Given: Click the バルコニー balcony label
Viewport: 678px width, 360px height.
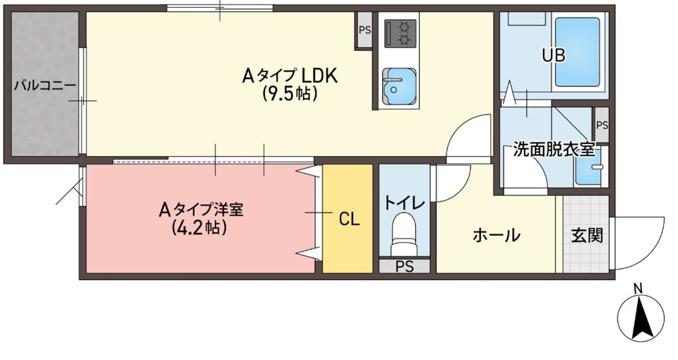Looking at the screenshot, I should click(44, 85).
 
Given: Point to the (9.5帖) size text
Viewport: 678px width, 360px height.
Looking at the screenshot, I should click(289, 93).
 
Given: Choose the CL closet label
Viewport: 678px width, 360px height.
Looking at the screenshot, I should click(349, 220).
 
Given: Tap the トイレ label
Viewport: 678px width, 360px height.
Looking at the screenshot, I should click(404, 203).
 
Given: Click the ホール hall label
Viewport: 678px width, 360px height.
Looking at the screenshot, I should click(496, 235).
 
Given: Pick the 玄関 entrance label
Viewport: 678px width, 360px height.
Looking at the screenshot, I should click(586, 235).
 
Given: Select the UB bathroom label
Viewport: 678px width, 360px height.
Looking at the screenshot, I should click(553, 56).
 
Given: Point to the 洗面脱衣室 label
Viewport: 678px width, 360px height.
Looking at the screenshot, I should click(554, 150).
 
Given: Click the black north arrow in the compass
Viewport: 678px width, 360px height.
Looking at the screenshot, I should click(641, 318).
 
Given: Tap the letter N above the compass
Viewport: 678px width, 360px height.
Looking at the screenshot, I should click(638, 288).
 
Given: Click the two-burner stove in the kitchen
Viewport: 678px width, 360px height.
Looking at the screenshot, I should click(399, 32).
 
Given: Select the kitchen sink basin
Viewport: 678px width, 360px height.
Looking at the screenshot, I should click(399, 86).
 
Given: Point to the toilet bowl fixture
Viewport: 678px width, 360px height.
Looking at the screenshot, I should click(404, 233).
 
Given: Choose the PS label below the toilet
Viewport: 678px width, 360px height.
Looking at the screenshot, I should click(404, 266).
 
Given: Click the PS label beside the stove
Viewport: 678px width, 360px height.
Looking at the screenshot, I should click(364, 30).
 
